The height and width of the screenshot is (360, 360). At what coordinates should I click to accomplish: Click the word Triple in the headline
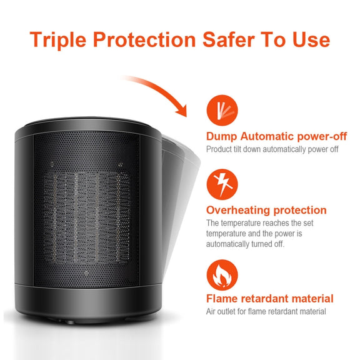coord(58,40)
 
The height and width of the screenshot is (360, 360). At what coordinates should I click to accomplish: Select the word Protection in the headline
coord(144,39)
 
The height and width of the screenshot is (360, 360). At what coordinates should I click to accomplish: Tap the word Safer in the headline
coord(229,39)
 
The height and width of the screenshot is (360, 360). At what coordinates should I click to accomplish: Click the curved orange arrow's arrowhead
coord(182,111)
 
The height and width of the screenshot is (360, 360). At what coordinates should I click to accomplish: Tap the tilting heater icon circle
coord(222,110)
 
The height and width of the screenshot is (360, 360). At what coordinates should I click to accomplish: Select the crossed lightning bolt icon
coord(222,184)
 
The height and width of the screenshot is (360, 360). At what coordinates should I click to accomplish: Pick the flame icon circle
coord(222,275)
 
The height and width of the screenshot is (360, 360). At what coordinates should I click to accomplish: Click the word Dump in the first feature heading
coord(221,137)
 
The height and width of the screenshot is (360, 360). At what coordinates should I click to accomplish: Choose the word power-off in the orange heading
coord(322,137)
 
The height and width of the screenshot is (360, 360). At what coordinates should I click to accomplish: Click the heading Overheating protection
coord(266,210)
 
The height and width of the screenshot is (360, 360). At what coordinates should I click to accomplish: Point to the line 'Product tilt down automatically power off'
coord(272,149)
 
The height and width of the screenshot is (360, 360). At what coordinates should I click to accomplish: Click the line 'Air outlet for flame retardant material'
coord(266,311)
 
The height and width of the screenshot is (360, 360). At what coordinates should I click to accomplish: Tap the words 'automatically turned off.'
coord(245,244)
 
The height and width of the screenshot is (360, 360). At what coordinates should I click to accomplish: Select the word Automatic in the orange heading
coord(267,136)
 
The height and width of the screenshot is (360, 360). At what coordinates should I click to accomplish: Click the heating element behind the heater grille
coord(87,217)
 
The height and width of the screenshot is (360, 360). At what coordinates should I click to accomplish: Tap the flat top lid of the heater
coord(88,124)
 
